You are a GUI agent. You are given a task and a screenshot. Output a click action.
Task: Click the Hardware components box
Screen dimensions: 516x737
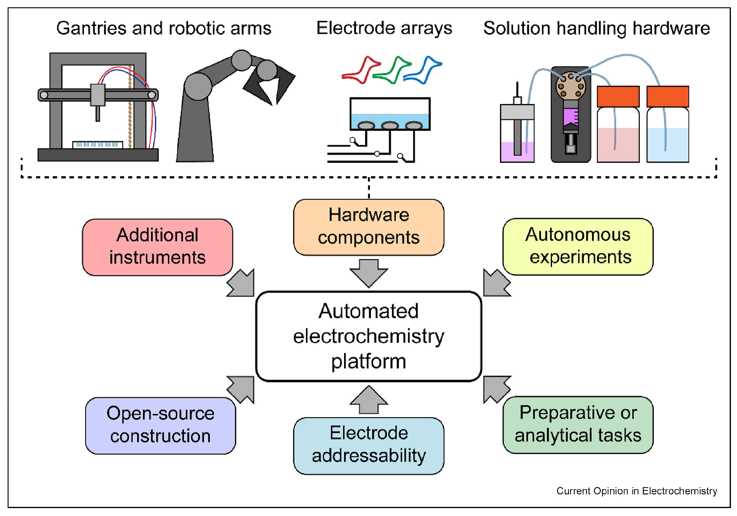(368, 227)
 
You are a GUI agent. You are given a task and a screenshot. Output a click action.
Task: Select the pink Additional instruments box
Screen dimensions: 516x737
(157, 247)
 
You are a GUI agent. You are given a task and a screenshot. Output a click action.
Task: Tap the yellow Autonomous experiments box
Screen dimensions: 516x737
(578, 246)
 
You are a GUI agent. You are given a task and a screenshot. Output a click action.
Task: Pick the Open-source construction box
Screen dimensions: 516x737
(160, 425)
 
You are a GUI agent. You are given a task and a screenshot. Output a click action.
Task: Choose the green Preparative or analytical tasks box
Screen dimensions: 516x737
(578, 425)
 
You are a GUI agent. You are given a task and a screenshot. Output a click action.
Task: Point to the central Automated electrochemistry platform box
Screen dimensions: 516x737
(368, 336)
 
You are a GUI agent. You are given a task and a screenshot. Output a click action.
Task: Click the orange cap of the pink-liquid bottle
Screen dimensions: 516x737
(618, 96)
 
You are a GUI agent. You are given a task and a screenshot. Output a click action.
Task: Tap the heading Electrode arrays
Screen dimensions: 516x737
(384, 28)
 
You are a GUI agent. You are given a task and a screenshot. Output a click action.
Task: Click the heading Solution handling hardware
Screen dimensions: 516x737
(596, 28)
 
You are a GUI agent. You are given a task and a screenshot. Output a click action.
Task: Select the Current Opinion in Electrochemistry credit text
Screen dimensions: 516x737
(636, 491)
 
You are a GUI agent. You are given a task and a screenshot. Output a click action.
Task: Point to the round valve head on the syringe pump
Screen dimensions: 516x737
(570, 86)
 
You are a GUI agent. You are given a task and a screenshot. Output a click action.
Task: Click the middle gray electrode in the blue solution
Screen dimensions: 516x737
(390, 125)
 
